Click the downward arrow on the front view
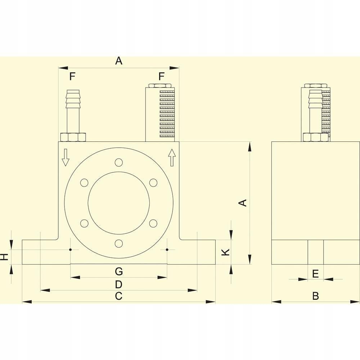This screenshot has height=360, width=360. [x=65, y=157]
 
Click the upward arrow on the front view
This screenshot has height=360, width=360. [x=172, y=157]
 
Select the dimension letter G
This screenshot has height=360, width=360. [x=119, y=270]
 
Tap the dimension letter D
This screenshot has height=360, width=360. [x=119, y=284]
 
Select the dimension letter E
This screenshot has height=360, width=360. [x=315, y=274]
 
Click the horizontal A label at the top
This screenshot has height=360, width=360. [x=119, y=61]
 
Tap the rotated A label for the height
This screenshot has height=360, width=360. [x=243, y=203]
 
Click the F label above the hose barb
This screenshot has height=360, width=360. [x=72, y=76]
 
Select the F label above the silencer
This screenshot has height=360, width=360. [x=161, y=76]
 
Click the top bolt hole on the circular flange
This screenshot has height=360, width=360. [x=118, y=163]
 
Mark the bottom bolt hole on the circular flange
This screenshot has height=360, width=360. [x=118, y=244]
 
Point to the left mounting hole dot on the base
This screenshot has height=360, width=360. [x=71, y=249]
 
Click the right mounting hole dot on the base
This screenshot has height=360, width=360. [x=167, y=249]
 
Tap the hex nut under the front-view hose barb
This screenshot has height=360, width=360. [x=73, y=137]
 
